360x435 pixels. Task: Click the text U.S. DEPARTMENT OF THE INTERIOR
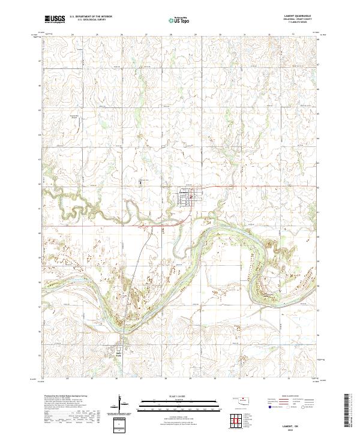(91, 17)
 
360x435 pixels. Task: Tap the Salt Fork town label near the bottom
(118, 355)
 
